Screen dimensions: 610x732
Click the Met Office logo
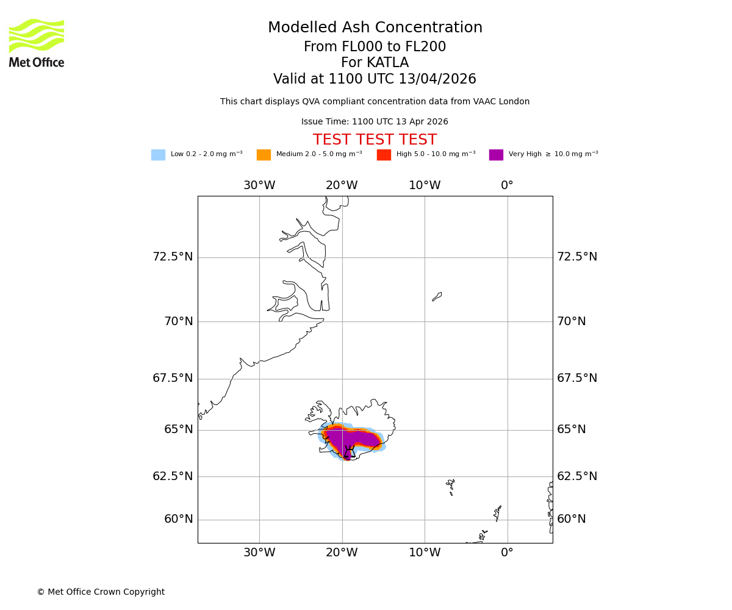(x=37, y=43)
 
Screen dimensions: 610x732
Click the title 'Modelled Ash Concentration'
(x=375, y=28)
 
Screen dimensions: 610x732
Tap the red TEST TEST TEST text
(x=375, y=140)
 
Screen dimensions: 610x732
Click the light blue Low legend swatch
(x=158, y=155)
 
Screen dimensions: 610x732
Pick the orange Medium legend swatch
(x=264, y=155)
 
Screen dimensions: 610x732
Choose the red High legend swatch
(x=384, y=155)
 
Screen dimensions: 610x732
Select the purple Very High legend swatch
(x=496, y=155)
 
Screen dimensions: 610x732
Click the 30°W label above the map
(x=259, y=185)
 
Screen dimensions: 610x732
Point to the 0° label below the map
(x=507, y=553)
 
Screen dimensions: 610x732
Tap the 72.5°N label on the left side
(x=173, y=257)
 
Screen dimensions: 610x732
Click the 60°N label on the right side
(x=572, y=519)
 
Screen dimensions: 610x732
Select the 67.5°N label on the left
(x=173, y=378)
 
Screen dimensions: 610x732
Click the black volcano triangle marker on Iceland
(x=350, y=453)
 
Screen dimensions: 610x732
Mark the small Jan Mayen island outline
(x=437, y=296)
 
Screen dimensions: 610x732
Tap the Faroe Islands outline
(x=451, y=486)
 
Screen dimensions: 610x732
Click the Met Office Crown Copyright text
(x=101, y=592)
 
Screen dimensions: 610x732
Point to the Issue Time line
(x=375, y=122)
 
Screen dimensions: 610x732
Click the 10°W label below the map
(x=425, y=553)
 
